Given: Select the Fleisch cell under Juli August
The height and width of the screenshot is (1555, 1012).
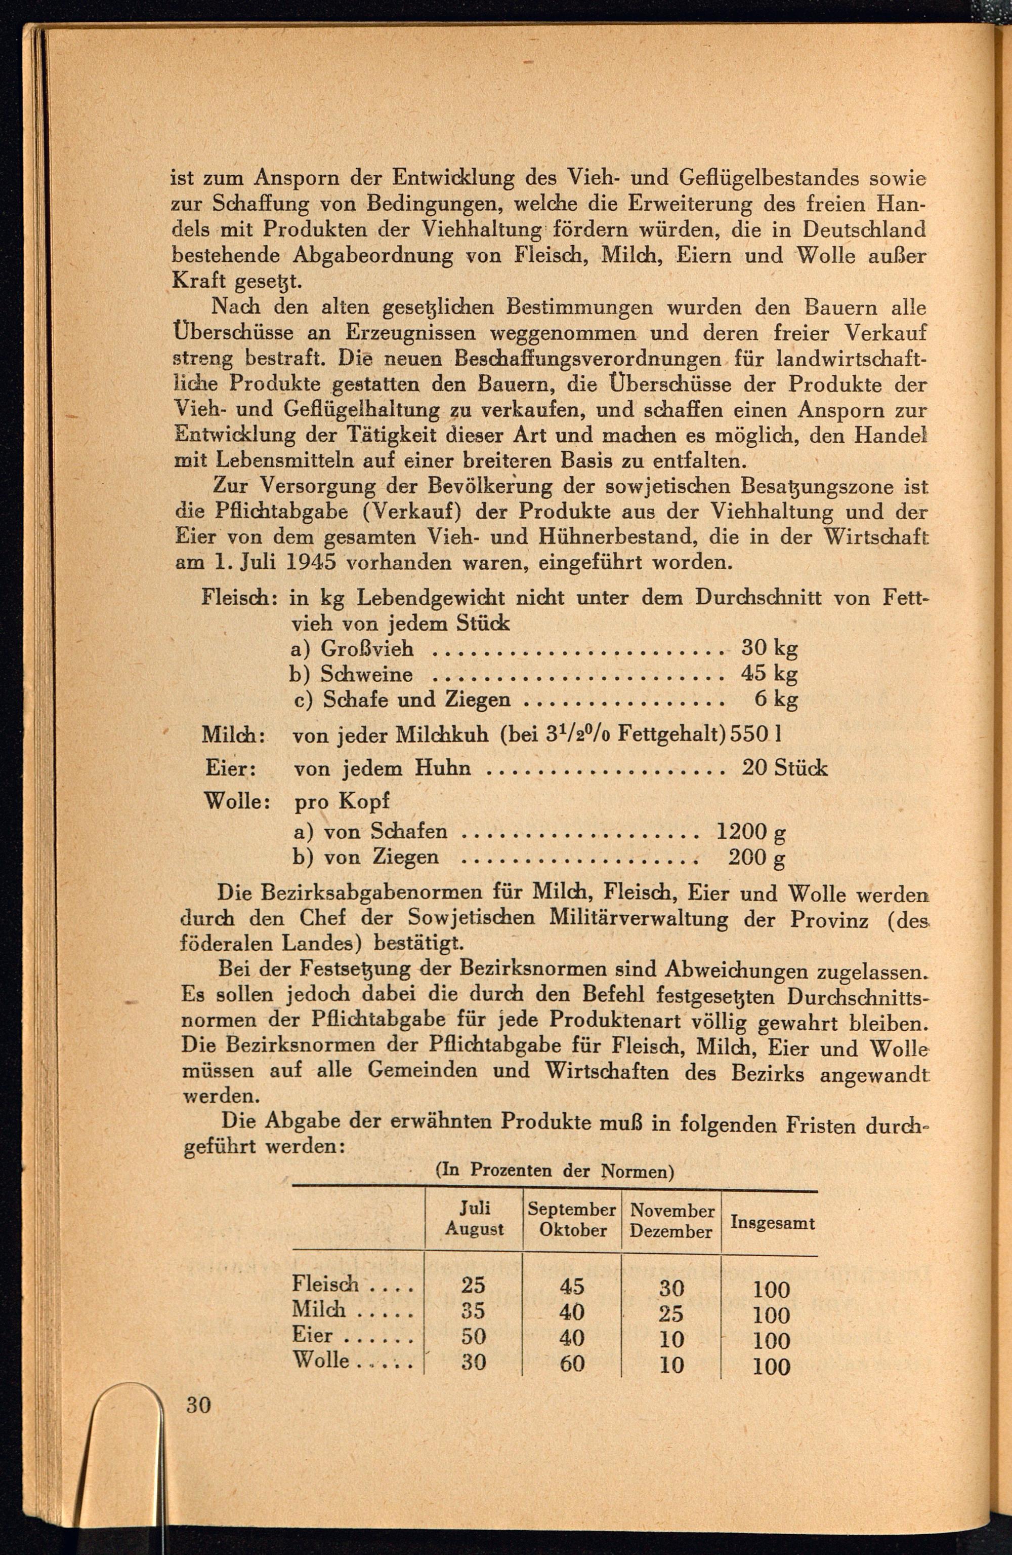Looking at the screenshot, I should (473, 1285).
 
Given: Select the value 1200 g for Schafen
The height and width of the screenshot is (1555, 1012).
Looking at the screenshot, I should (751, 831).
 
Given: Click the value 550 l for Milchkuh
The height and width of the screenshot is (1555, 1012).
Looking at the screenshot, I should (756, 734).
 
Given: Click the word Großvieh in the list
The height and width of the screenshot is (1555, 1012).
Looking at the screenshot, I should (367, 649).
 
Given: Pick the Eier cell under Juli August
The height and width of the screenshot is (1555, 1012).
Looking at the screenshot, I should (473, 1337).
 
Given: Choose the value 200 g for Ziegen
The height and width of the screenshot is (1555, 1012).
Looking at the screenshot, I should (756, 857).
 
